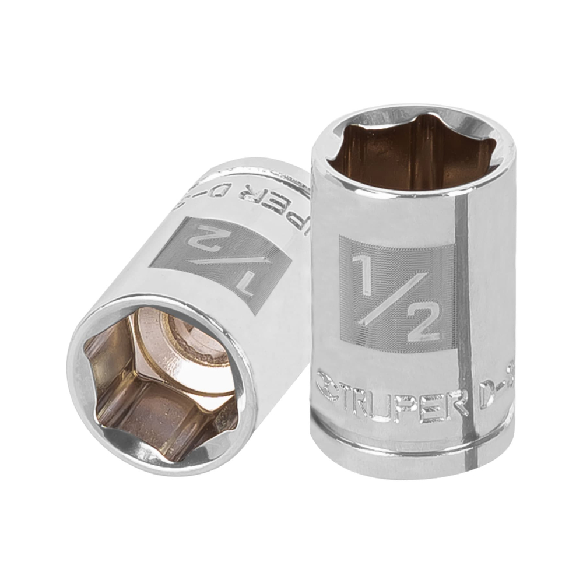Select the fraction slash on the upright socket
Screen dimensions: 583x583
(x=392, y=291)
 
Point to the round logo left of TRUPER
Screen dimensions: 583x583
(x=325, y=385)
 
